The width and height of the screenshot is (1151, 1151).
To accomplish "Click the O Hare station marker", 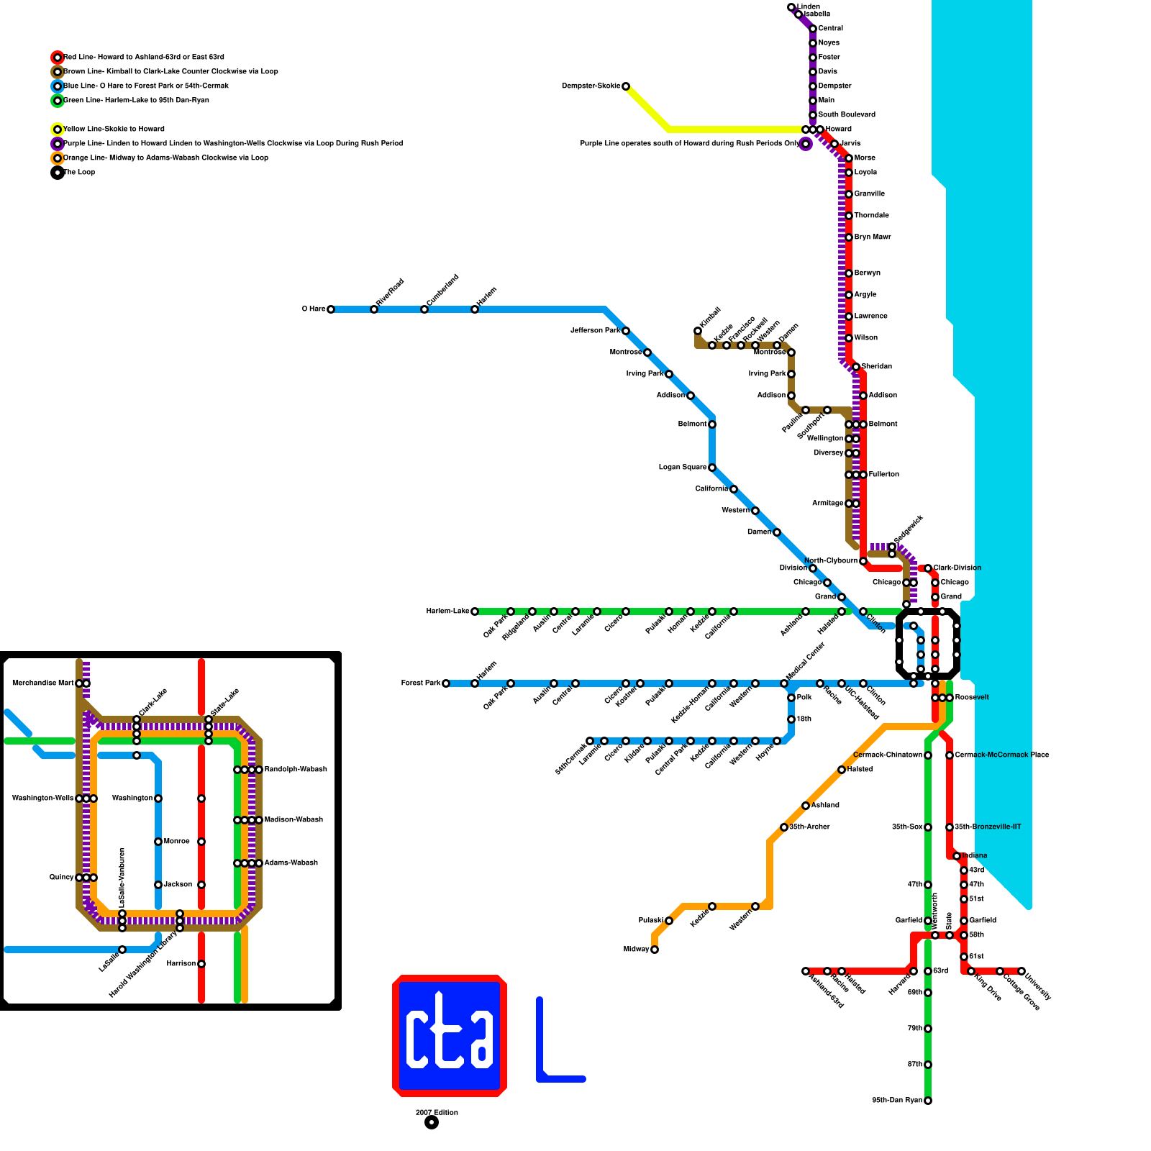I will [x=331, y=309].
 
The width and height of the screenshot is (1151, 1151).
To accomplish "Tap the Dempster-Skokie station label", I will [x=591, y=86].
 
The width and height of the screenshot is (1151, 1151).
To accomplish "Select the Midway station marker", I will [x=655, y=950].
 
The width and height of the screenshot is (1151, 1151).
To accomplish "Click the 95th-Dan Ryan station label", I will [x=897, y=1101].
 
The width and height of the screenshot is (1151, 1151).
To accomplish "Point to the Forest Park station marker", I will [x=446, y=683].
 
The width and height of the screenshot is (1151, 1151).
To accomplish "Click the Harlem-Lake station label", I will [x=447, y=611].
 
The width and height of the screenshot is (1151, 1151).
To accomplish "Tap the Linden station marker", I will [x=791, y=7].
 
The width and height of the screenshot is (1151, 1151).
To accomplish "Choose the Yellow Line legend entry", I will [x=114, y=129].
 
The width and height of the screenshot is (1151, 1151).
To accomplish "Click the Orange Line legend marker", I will [x=58, y=158].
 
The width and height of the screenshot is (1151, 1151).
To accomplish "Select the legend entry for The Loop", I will [x=79, y=173].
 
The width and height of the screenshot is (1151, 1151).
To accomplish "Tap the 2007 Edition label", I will [x=437, y=1112].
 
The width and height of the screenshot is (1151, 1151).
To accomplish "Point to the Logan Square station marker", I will [x=712, y=468].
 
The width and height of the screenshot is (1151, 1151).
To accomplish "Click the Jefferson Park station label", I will [x=595, y=331].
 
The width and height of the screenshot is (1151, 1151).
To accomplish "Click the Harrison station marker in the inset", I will [x=201, y=964].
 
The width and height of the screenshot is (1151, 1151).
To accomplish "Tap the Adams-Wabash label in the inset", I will [x=291, y=863].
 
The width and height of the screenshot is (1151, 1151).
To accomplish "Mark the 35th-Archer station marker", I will [x=784, y=827].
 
